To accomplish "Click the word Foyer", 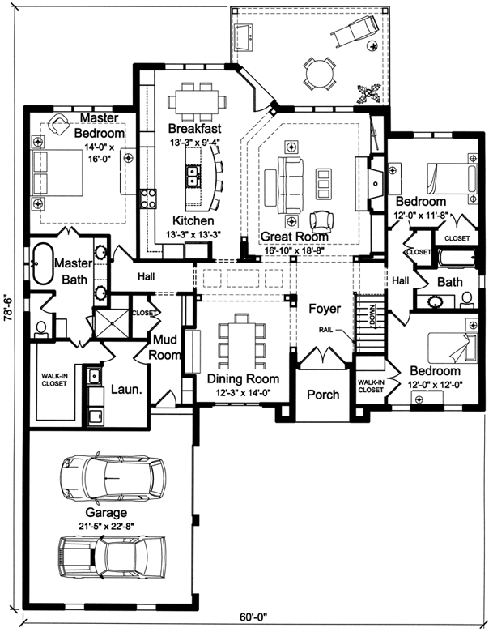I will (x=325, y=309).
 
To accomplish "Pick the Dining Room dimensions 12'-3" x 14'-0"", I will (x=243, y=393).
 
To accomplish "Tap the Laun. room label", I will (x=126, y=389).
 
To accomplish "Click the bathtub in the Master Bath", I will (x=40, y=263).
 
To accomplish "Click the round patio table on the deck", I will (x=318, y=75).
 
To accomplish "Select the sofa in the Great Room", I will (x=289, y=174).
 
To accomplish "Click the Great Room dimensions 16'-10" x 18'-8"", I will (x=295, y=250).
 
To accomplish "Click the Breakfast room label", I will (x=194, y=129).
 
